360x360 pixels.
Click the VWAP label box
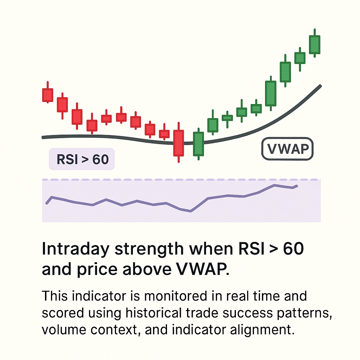coord(287,149)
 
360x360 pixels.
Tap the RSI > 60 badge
coord(83,159)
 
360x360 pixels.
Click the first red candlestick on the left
coord(47,95)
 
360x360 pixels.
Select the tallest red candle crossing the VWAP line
coord(179,142)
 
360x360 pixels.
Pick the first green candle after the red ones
coord(199,144)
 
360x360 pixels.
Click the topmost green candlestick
coord(315,44)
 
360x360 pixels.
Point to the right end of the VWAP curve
coord(320,86)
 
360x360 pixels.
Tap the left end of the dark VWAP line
coord(43,137)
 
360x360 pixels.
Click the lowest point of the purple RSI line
coord(191,211)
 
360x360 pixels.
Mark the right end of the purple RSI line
coord(297,186)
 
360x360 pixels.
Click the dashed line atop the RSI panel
coord(181,180)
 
